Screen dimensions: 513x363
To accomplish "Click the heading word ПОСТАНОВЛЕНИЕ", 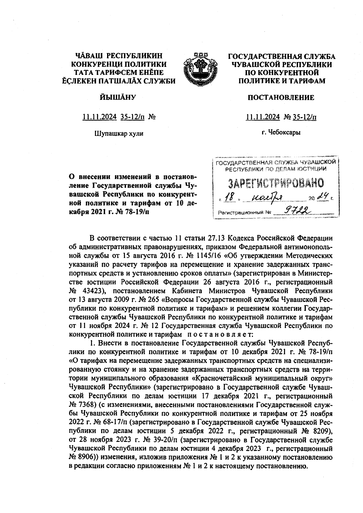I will pos(281,97).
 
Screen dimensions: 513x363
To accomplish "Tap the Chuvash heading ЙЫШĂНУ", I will pos(118,97).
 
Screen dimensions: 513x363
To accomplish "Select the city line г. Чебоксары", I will pos(281,132).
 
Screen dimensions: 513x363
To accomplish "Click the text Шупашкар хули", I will pos(119,133).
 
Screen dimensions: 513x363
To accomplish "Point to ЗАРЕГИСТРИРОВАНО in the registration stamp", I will pos(275,183).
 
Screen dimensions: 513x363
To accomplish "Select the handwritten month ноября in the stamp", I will pos(267,197).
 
